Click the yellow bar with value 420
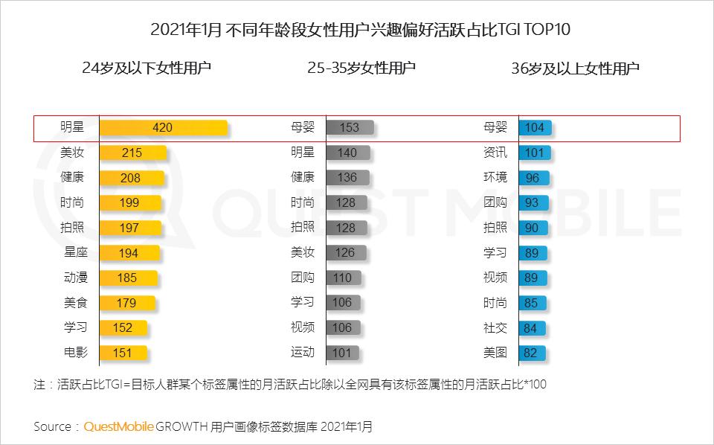click(x=163, y=128)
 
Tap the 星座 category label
click(x=74, y=253)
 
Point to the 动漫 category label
click(x=74, y=278)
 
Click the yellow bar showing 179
click(x=127, y=303)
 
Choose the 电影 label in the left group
click(x=74, y=353)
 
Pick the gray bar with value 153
click(x=350, y=128)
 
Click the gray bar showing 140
click(x=347, y=153)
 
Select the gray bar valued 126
click(x=345, y=253)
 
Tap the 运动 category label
click(x=303, y=353)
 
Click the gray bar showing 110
click(x=343, y=278)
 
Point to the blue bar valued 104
click(x=535, y=128)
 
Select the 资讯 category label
click(x=495, y=153)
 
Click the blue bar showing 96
click(x=533, y=178)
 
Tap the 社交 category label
click(x=495, y=327)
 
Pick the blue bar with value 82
click(x=531, y=353)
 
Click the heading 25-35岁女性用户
click(x=361, y=68)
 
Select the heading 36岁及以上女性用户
click(x=576, y=68)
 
